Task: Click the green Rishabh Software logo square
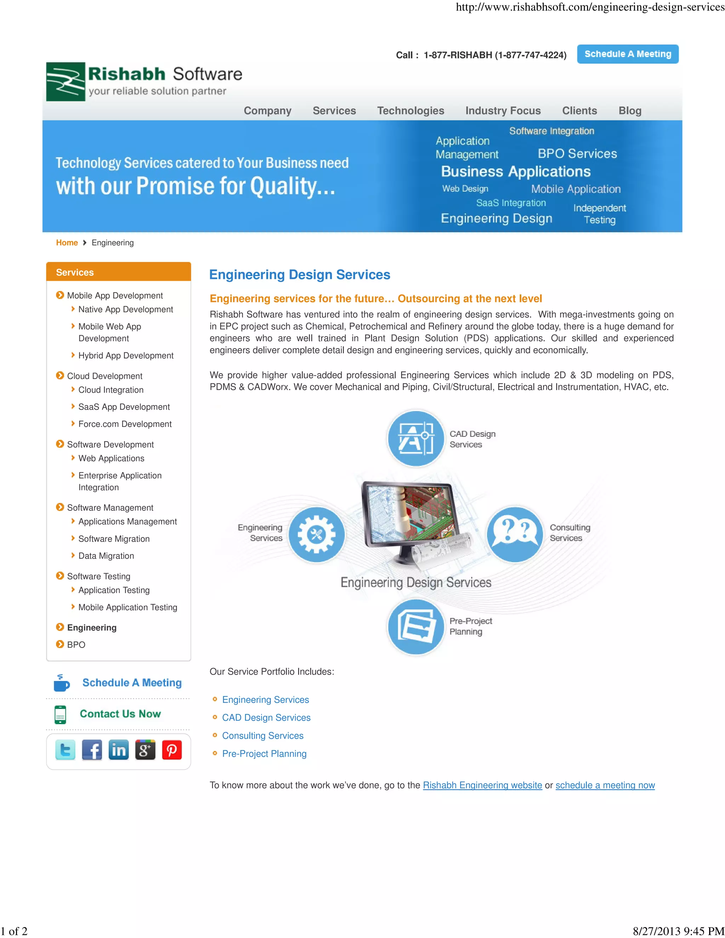pos(65,82)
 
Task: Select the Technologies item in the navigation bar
pos(410,111)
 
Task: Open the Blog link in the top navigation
pos(630,111)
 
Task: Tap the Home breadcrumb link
pos(67,243)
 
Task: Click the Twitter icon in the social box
pos(65,750)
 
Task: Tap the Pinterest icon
pos(172,750)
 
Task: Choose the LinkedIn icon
pos(119,750)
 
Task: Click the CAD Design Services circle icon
pos(415,439)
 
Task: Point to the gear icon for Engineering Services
pos(316,535)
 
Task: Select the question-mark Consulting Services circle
pos(514,535)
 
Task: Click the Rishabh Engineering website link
pos(483,785)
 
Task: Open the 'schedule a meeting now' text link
pos(605,785)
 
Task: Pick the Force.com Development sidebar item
pos(125,424)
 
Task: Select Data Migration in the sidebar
pos(106,556)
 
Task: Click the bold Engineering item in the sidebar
pos(91,628)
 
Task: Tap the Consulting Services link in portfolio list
pos(262,736)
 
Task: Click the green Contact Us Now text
pos(120,714)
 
